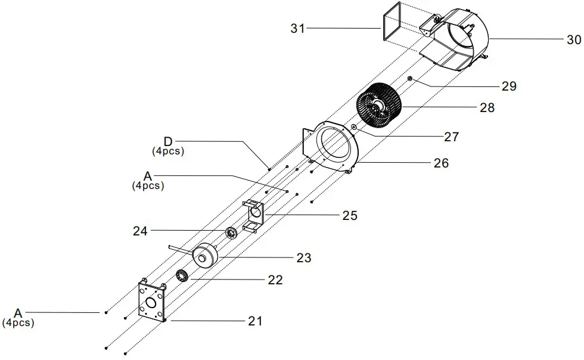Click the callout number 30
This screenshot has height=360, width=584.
coord(573,40)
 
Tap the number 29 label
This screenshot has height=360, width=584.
coord(508,86)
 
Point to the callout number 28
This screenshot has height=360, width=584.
coord(487,108)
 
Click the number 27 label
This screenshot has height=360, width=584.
coord(451,137)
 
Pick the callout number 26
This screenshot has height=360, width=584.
coord(441,163)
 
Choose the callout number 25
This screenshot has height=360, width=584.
coord(349,216)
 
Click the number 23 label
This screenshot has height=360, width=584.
coord(304,258)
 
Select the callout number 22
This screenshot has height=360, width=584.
coord(275,280)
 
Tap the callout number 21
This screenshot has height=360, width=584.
coord(254,321)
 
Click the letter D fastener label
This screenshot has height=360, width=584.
coord(168,141)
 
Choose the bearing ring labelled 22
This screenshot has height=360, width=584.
coord(182,276)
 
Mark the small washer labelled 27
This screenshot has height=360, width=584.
coord(354,127)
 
